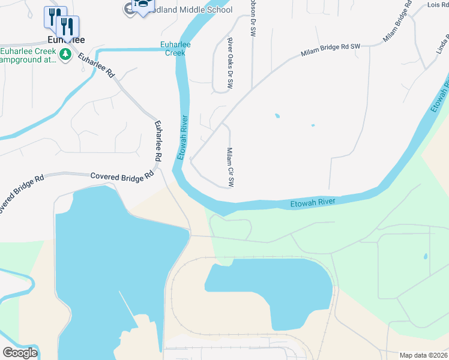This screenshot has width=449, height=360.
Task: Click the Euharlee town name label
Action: [x=65, y=40]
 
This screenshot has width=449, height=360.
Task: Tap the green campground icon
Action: [x=65, y=56]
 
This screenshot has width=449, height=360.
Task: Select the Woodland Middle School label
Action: [x=192, y=10]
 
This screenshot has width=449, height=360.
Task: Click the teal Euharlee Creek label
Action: [x=172, y=48]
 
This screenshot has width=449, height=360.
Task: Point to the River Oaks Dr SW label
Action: [x=229, y=64]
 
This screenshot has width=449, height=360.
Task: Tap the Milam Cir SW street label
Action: [x=230, y=167]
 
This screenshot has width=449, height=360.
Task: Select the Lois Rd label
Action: [x=436, y=5]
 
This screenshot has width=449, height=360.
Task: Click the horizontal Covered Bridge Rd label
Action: [x=122, y=177]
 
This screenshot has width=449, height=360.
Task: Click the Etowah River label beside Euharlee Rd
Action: [x=182, y=137]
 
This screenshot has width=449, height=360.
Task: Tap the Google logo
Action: [x=20, y=353]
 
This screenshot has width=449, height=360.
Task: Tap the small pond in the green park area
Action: [x=425, y=256]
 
